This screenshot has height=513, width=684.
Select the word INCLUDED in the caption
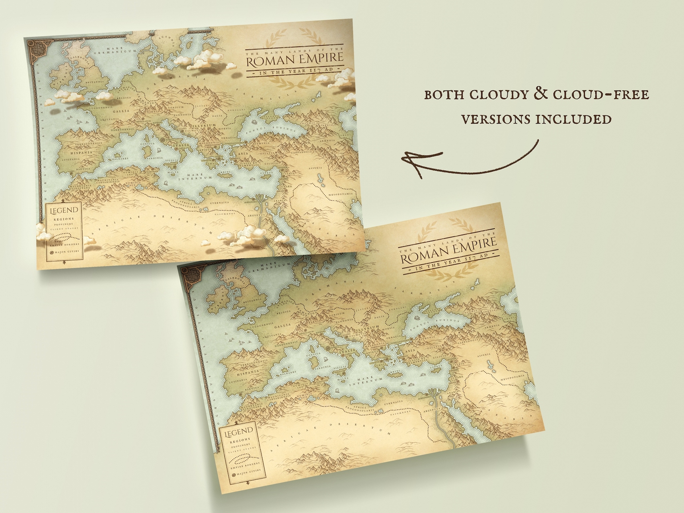573,119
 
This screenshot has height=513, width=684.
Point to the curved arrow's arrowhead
409,160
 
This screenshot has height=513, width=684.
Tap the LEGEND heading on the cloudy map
65,211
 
